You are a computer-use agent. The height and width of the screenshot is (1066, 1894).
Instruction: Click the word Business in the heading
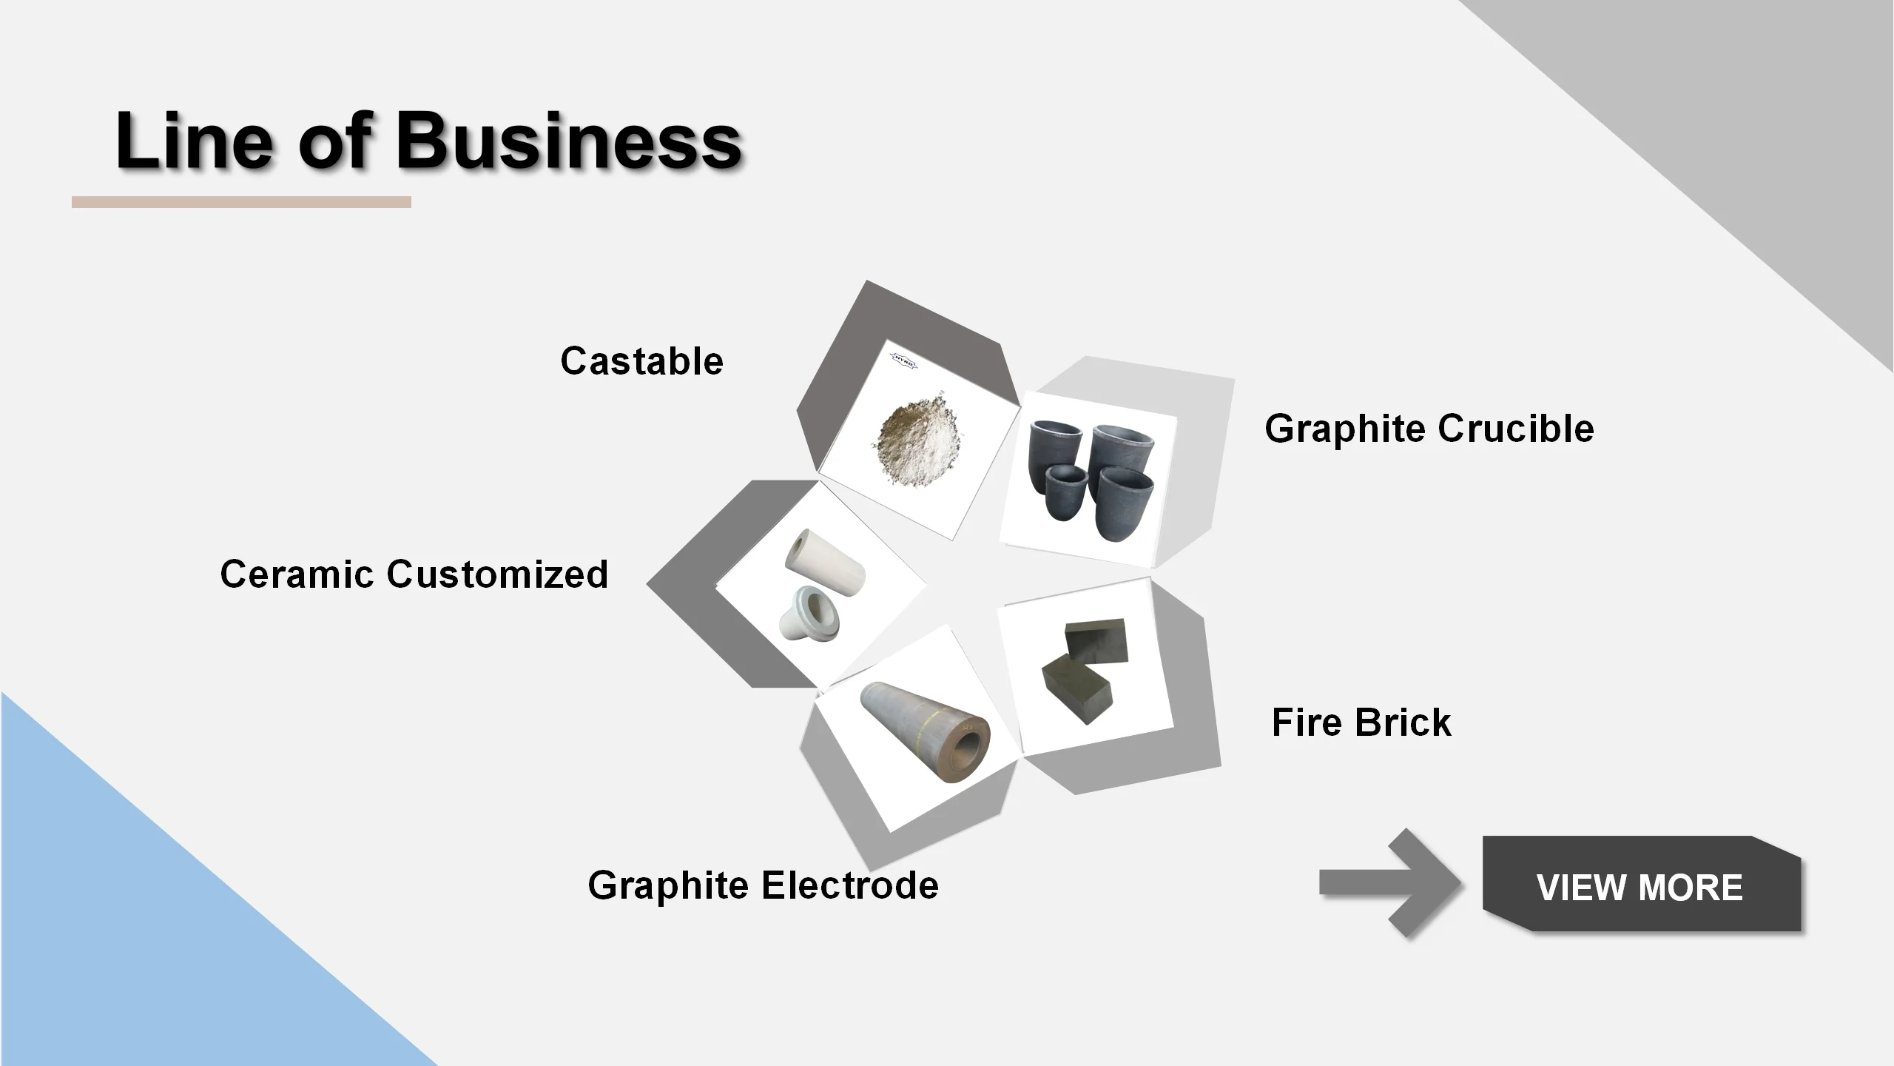click(568, 141)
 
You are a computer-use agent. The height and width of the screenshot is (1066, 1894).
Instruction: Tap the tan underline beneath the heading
click(241, 202)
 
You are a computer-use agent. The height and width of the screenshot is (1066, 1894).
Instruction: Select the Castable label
click(641, 361)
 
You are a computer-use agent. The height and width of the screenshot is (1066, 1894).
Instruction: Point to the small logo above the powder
click(903, 360)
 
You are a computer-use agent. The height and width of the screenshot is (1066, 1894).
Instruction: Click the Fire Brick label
click(1361, 723)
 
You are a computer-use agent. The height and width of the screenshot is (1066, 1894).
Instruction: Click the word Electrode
click(851, 885)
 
